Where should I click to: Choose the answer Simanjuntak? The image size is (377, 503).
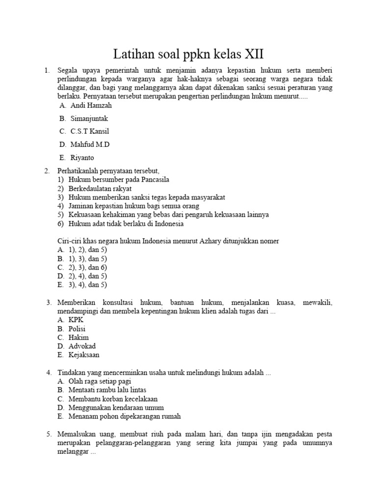(89, 118)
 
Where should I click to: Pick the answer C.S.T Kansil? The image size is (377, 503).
(89, 131)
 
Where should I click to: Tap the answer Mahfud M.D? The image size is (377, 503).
(90, 144)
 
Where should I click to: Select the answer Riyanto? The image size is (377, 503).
(82, 158)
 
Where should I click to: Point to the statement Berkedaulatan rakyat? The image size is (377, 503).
(100, 189)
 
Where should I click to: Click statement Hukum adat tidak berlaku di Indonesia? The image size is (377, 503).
(126, 224)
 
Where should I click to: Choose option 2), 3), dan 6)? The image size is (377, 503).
(88, 267)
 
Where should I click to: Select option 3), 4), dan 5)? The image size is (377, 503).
(88, 285)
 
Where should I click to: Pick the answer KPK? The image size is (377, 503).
(76, 320)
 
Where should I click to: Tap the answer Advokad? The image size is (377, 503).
(82, 346)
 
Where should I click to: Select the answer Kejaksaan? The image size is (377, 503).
(84, 355)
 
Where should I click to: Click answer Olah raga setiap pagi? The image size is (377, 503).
(100, 381)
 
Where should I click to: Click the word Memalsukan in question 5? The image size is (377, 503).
(77, 434)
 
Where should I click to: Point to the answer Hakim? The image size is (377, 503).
(79, 337)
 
